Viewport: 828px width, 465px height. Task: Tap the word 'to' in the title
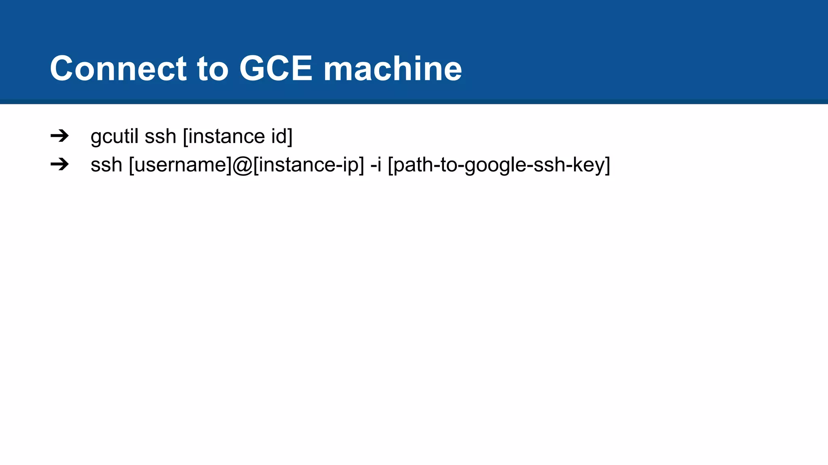click(213, 68)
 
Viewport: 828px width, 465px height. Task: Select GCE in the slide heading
click(276, 68)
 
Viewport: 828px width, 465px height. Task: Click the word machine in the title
click(392, 68)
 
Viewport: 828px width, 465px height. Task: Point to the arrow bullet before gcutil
click(59, 136)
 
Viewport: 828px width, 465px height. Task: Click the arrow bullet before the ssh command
click(59, 164)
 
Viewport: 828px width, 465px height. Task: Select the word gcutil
click(114, 136)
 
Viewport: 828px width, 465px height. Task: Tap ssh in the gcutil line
click(160, 136)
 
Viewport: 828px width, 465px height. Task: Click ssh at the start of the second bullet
click(106, 165)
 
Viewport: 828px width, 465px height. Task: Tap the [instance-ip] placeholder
click(308, 165)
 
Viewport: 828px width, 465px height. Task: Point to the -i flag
click(376, 165)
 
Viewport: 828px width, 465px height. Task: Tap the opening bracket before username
click(131, 165)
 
